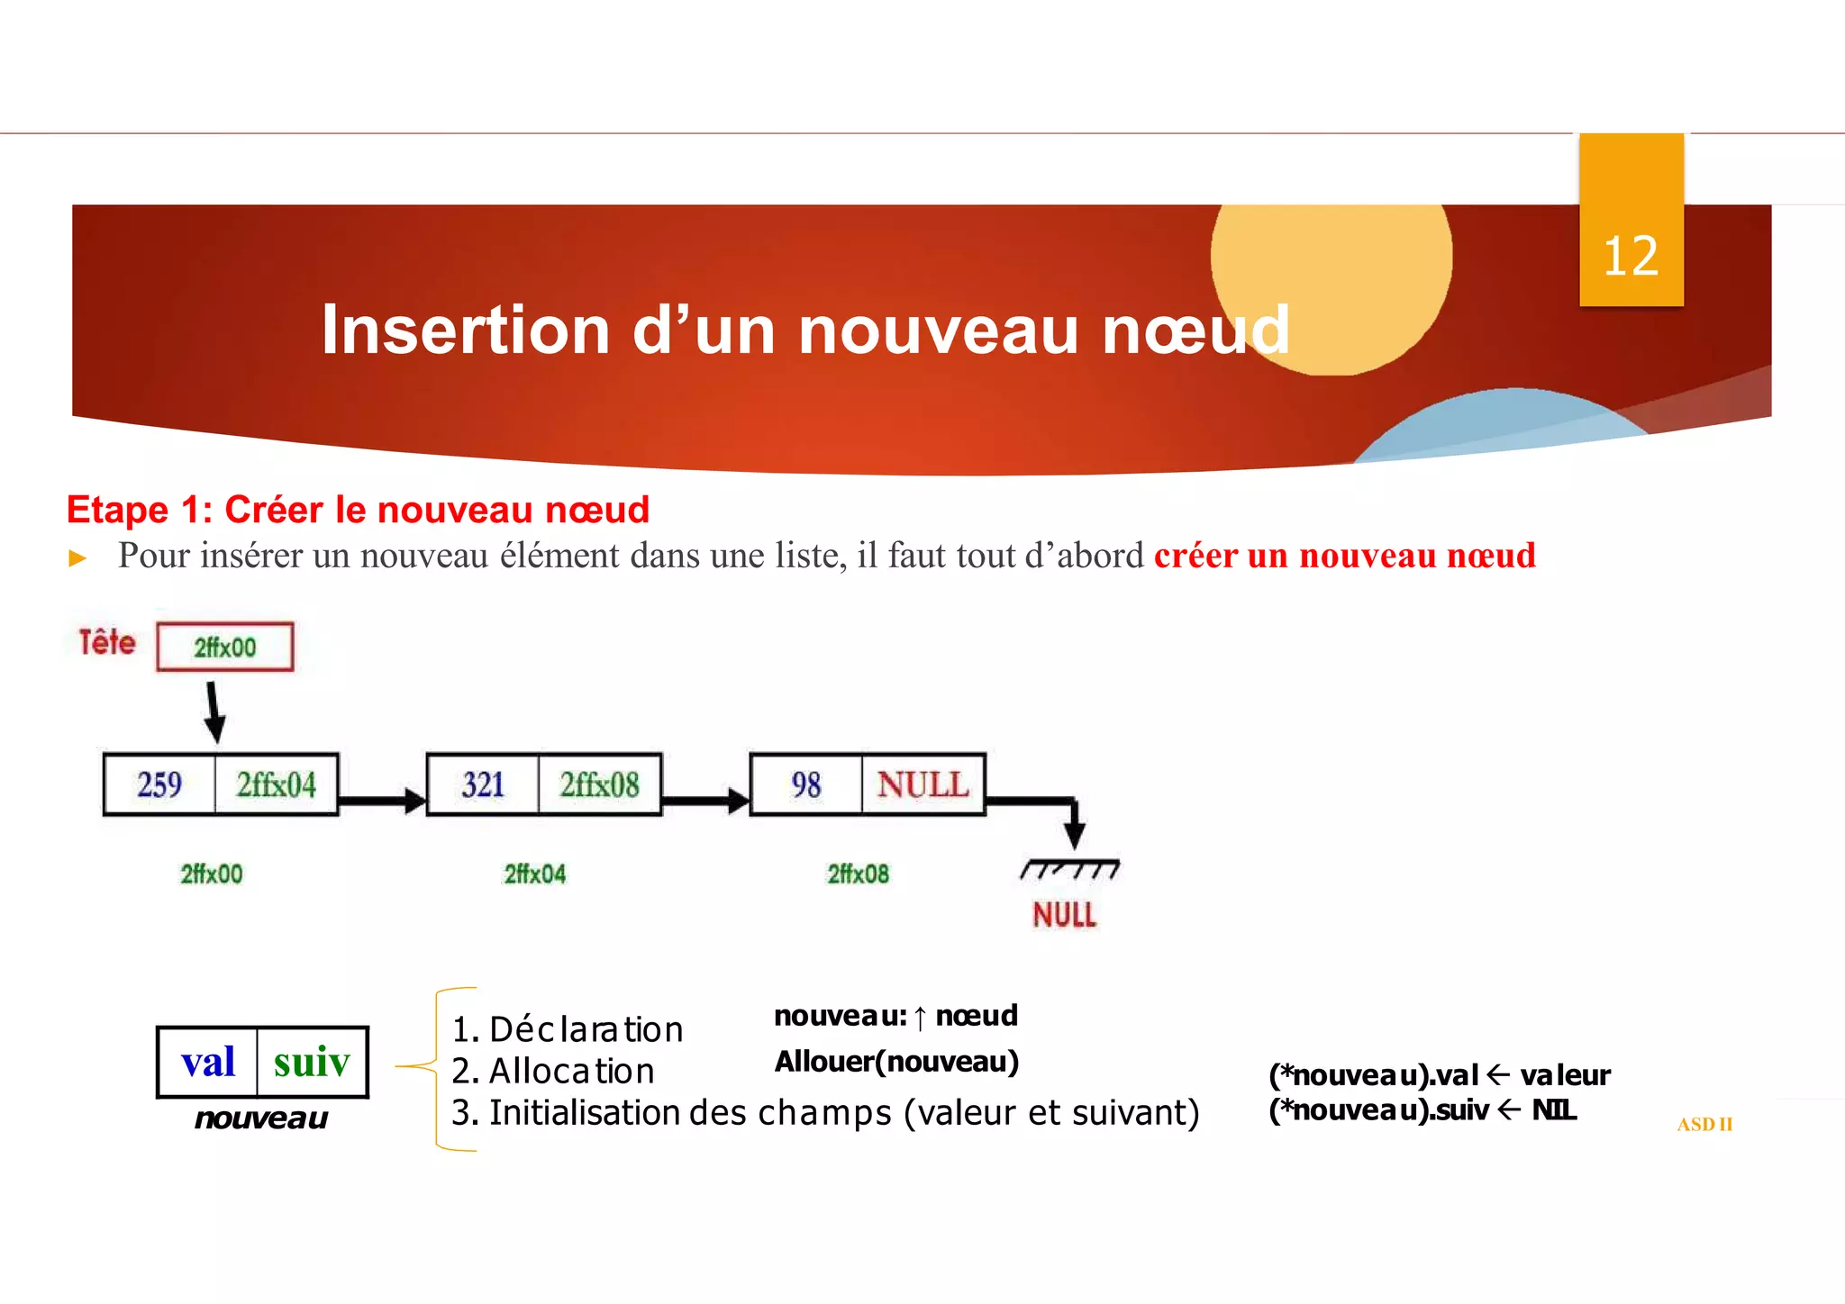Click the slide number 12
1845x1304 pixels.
pos(1630,258)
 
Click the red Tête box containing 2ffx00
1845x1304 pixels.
pos(225,647)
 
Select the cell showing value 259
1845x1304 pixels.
pos(159,784)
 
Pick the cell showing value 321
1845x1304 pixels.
pos(483,784)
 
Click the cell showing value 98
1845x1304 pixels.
pos(805,784)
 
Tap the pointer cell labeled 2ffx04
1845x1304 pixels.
pos(277,784)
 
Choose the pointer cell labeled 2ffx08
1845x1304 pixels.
pos(600,784)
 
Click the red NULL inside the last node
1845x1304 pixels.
pos(922,784)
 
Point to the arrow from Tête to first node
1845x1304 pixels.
pos(214,711)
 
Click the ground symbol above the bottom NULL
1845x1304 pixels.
pos(1069,869)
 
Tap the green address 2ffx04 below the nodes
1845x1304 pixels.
pos(534,874)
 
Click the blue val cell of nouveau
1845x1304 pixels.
pos(208,1062)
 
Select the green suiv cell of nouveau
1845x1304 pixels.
pos(312,1062)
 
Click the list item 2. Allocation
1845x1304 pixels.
pos(553,1071)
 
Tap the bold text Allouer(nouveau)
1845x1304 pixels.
pos(896,1062)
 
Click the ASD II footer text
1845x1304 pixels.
pos(1704,1124)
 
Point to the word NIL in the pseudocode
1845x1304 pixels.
pos(1553,1109)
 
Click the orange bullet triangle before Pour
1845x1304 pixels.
pos(77,558)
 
